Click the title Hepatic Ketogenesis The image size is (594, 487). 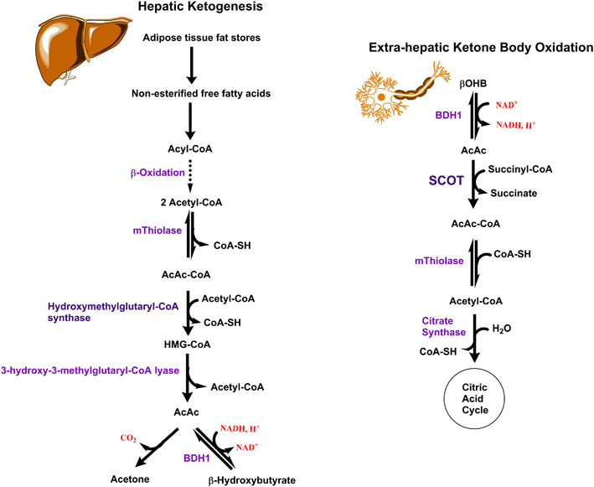[192, 11]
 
